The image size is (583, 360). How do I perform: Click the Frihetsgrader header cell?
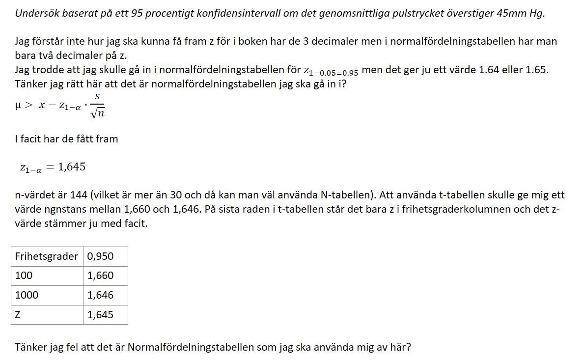[47, 256]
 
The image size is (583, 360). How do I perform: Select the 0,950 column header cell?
[100, 256]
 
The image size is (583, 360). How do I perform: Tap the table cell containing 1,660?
[100, 276]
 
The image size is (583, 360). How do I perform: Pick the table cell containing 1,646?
[100, 295]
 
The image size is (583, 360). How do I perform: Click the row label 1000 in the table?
[27, 295]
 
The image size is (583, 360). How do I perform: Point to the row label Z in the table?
[18, 315]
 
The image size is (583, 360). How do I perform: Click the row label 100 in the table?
[24, 276]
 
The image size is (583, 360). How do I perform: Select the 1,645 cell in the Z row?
[100, 315]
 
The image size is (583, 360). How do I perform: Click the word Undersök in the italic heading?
[33, 13]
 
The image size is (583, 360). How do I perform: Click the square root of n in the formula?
[98, 113]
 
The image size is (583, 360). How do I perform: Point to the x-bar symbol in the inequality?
[43, 105]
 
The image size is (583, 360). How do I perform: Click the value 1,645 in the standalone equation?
[72, 167]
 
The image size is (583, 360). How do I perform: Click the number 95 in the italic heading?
[137, 13]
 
